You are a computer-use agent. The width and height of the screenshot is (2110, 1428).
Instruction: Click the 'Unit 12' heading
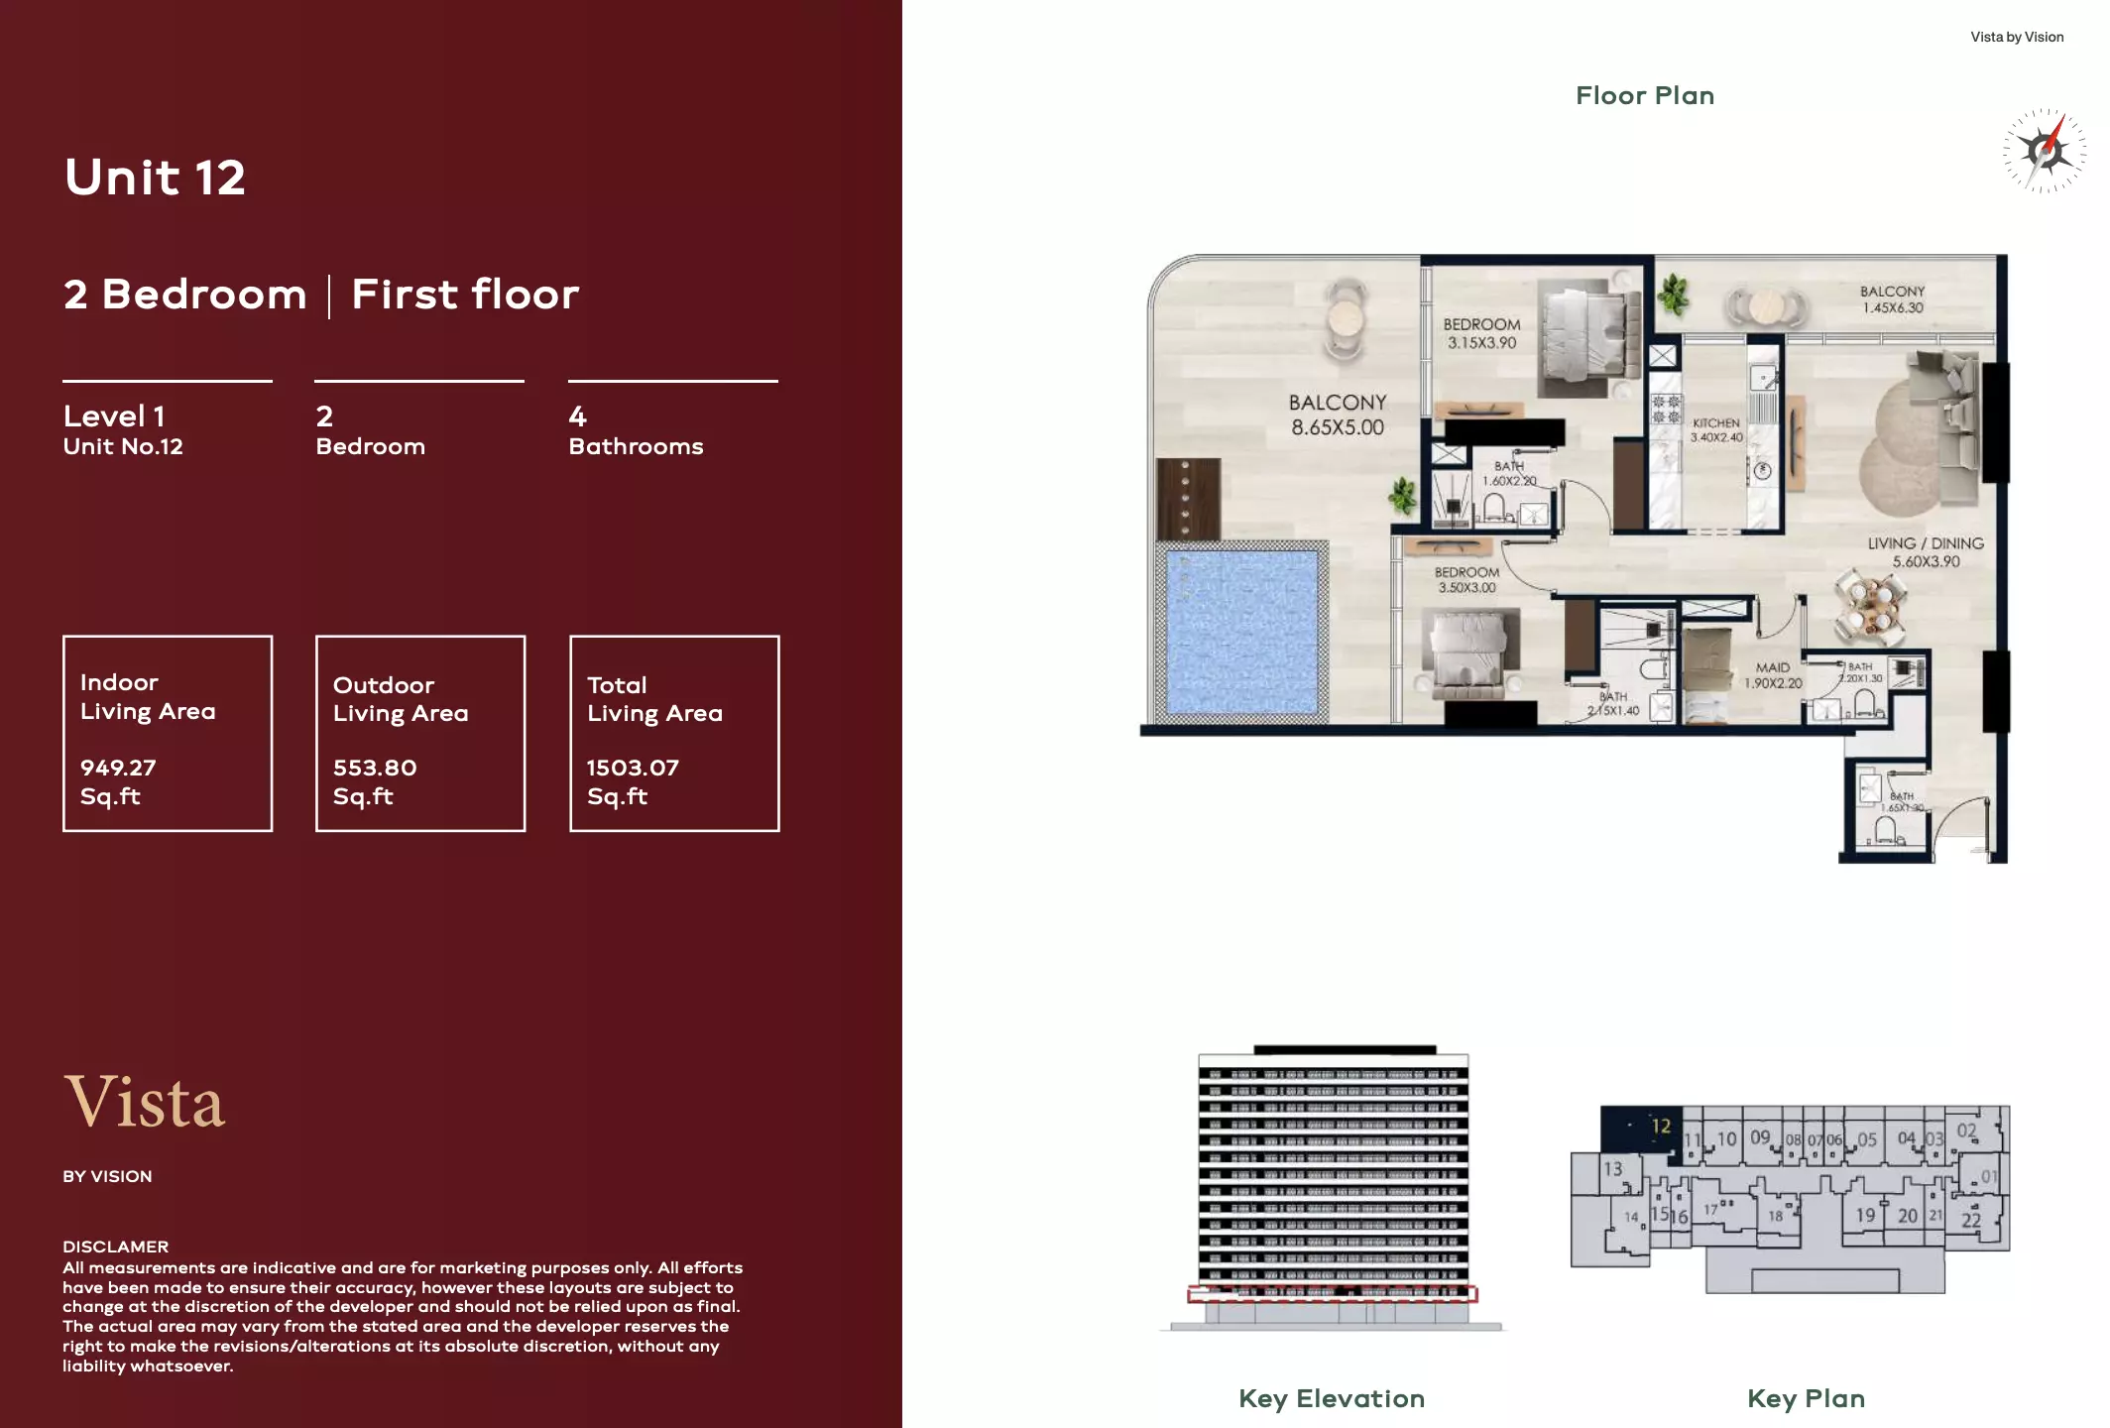(x=155, y=178)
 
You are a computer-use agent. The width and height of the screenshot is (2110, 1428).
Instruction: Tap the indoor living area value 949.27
(x=118, y=768)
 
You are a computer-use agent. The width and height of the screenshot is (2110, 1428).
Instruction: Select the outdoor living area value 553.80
(x=375, y=768)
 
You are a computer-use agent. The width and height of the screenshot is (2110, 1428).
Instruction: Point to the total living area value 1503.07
(x=633, y=768)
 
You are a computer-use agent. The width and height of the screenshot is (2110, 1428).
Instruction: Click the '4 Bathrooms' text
(x=636, y=431)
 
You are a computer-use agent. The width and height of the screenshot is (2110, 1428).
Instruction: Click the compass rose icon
(x=2044, y=151)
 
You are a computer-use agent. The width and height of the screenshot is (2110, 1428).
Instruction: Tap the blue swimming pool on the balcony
(x=1241, y=632)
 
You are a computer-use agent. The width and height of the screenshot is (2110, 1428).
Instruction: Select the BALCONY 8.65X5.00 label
(x=1337, y=415)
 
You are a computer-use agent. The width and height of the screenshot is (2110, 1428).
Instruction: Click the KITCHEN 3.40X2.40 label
(x=1715, y=429)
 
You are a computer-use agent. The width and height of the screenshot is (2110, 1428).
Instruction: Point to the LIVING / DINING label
(x=1926, y=552)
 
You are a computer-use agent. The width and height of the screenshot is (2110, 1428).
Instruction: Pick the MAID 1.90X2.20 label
(x=1773, y=674)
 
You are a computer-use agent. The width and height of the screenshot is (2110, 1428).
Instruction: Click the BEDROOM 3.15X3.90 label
(x=1481, y=333)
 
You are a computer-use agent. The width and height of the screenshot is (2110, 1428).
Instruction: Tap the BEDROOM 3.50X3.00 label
(x=1466, y=580)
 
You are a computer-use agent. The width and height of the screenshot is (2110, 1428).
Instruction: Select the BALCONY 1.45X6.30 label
(x=1892, y=299)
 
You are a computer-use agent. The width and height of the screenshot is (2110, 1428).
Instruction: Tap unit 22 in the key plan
(x=1970, y=1221)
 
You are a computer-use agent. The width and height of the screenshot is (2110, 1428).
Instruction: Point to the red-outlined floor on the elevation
(x=1332, y=1293)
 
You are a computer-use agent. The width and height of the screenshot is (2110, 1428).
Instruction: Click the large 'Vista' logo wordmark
(x=146, y=1103)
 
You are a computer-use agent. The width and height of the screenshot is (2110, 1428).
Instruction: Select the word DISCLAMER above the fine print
(x=115, y=1247)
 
